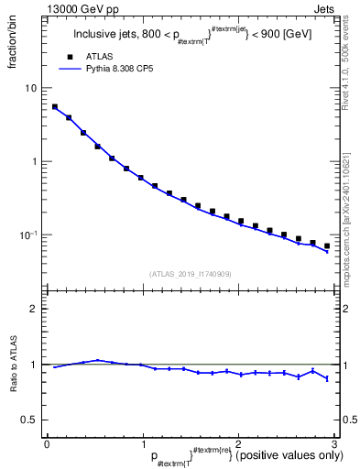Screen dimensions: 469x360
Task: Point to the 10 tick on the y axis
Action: coord(31,88)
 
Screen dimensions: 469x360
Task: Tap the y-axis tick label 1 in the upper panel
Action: coord(35,161)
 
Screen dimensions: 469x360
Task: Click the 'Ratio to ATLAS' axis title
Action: coord(12,387)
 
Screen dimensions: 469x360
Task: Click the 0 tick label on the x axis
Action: coord(47,442)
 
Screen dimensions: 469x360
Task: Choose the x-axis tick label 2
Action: coord(237,442)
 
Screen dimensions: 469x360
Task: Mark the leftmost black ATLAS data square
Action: coord(55,106)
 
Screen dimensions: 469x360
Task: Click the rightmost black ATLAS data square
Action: coord(327,245)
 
